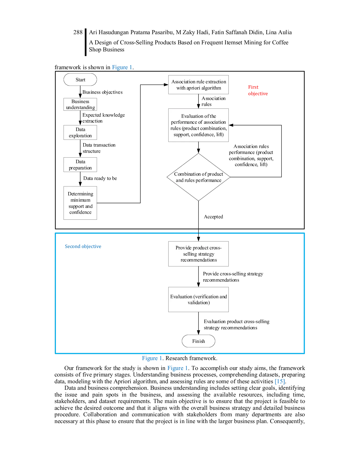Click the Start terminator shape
[80, 80]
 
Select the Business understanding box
[80, 104]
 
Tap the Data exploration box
[80, 132]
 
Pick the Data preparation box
[80, 165]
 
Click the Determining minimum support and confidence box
[80, 203]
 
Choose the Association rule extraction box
[198, 85]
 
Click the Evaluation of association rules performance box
[198, 125]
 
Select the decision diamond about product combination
[198, 177]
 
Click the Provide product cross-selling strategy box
[198, 254]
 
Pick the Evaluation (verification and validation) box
[198, 299]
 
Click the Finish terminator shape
[198, 341]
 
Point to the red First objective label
[258, 90]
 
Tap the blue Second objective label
[82, 246]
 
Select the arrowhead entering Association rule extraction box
[165, 84]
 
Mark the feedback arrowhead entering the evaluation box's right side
[232, 125]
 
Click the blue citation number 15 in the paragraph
[280, 382]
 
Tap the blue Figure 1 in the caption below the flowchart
[152, 358]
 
